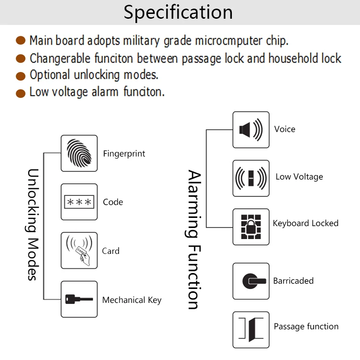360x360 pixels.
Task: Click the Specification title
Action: point(178,12)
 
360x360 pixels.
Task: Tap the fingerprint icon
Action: point(79,153)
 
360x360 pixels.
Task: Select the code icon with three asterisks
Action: point(79,202)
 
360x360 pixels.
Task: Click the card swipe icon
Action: point(79,251)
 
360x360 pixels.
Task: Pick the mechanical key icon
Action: point(79,299)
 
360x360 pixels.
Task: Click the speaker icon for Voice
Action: point(251,130)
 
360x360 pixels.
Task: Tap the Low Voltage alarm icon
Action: point(251,178)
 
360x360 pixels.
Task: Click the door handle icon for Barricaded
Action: point(251,281)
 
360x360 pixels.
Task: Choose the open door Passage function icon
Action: point(251,330)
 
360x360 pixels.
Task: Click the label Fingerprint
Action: point(124,154)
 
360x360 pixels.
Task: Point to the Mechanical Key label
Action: point(132,300)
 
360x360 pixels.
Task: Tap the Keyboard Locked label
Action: point(305,223)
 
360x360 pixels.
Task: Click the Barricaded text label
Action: point(293,281)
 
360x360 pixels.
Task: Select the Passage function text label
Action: point(306,326)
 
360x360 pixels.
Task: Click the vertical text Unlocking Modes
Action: point(32,224)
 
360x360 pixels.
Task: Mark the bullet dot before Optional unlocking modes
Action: point(21,76)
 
